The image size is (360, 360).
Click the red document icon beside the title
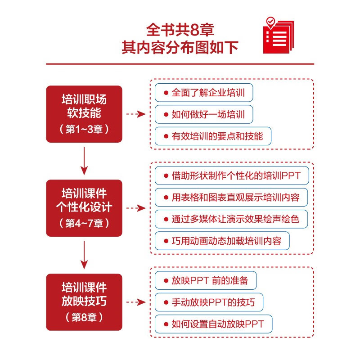point(278,36)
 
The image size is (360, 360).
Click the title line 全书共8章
point(180,30)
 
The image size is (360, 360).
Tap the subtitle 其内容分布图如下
point(180,47)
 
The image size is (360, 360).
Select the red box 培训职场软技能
point(84,114)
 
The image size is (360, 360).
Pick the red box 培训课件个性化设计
point(84,208)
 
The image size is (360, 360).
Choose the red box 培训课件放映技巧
point(84,302)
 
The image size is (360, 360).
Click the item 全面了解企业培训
point(204,93)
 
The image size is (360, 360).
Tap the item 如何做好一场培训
point(204,114)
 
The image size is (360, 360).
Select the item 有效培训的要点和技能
point(213,136)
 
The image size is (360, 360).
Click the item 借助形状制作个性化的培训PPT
point(232,175)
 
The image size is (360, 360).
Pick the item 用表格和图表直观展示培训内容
point(231,197)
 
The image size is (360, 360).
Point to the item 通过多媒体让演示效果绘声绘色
point(231,219)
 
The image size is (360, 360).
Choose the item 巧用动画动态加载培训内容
point(222,241)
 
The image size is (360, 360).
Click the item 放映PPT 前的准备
point(206,280)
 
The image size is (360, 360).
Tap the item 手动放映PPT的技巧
point(209,302)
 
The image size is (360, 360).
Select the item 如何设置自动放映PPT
point(213,324)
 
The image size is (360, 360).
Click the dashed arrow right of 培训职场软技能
point(136,114)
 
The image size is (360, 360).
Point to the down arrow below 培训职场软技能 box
point(84,161)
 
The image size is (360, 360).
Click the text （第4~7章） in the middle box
point(84,223)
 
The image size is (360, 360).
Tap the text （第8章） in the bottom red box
point(84,317)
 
